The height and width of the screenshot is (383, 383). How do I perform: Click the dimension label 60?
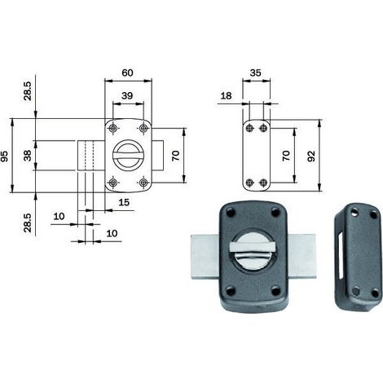click(127, 73)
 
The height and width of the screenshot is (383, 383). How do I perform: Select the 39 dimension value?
click(127, 95)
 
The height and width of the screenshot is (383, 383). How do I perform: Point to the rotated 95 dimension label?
click(5, 156)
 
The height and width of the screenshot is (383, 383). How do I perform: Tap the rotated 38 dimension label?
click(28, 156)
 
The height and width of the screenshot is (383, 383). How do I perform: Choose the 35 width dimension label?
click(255, 73)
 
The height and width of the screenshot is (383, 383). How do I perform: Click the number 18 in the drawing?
click(226, 95)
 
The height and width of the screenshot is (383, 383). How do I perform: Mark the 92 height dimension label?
click(311, 156)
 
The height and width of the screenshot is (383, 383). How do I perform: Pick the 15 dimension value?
click(124, 202)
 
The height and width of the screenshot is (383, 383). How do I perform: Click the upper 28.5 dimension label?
click(28, 91)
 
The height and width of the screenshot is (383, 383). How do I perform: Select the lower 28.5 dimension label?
click(28, 222)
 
